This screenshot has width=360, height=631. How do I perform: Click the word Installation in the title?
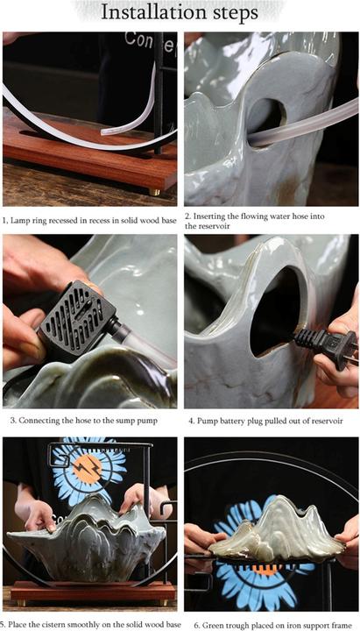152,12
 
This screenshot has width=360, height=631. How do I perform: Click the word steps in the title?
233,14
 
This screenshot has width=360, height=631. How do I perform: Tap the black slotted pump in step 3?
78,317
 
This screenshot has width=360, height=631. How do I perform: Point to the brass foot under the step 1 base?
155,192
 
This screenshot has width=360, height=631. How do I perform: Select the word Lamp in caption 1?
18,220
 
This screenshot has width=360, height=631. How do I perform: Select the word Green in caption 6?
214,625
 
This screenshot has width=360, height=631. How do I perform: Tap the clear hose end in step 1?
105,131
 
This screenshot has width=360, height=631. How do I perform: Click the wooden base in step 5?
93,591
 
